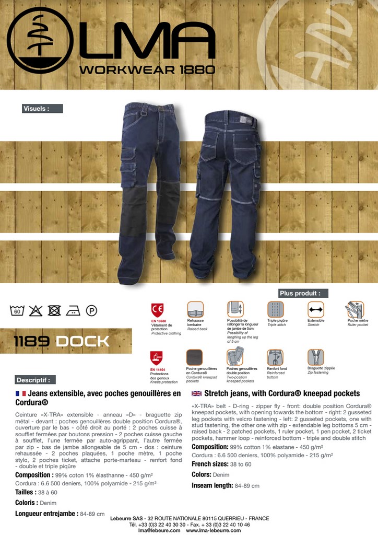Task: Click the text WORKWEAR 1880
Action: pos(147,69)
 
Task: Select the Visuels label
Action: pos(42,109)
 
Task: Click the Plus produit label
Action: pos(303,293)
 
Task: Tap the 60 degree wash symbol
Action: pos(17,311)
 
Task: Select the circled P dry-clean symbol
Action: pos(91,311)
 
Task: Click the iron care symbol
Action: pos(73,311)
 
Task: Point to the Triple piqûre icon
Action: pos(275,309)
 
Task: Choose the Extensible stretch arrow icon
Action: pos(315,309)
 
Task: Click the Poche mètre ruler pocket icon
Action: pos(356,309)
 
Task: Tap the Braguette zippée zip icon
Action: pos(315,357)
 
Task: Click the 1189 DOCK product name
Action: pos(62,342)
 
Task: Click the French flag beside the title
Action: pos(21,393)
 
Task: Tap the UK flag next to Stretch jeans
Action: pos(197,393)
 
